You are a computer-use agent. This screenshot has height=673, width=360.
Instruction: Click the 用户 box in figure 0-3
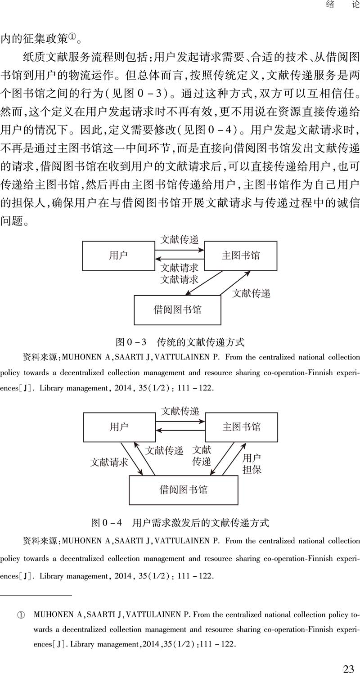(118, 256)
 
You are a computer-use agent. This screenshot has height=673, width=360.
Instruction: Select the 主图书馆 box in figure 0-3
(241, 256)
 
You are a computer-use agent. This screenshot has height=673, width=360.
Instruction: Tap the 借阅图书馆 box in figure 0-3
(177, 310)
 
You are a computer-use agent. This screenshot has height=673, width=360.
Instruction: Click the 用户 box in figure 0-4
(119, 427)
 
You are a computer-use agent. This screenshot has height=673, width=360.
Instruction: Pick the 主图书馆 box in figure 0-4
(241, 427)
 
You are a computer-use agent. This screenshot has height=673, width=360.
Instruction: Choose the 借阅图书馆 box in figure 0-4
(183, 489)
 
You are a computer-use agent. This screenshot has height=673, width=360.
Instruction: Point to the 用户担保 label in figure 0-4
(252, 464)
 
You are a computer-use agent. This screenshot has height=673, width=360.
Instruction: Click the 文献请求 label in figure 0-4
(109, 462)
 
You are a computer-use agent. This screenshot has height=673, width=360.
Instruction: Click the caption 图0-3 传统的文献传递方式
(180, 342)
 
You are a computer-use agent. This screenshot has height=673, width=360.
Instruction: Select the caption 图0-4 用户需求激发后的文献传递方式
(180, 523)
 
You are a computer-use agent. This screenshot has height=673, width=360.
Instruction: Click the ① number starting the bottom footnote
(20, 615)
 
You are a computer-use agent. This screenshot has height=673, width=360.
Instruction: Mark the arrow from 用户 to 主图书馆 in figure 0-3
(180, 249)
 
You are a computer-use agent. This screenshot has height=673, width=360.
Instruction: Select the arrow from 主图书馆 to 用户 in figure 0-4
(180, 431)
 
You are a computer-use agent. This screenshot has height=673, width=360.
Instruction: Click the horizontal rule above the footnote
(36, 595)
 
